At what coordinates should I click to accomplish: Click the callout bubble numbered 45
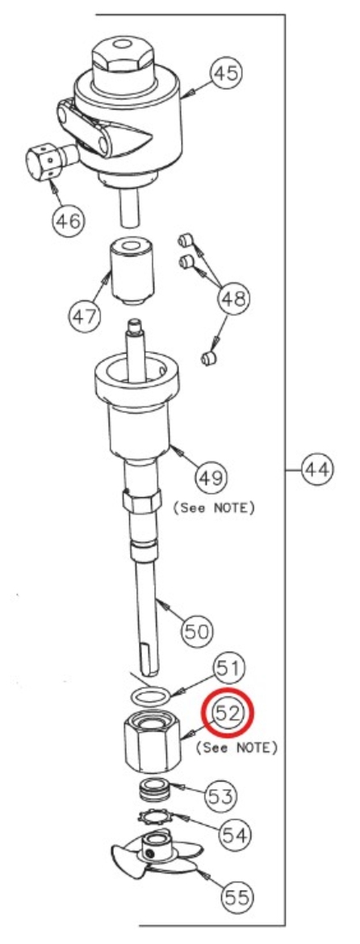225,75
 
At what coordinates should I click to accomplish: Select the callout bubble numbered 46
68,221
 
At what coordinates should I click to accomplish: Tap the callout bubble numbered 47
85,315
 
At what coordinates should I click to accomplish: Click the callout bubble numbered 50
198,632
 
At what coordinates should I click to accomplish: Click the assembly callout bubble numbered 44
316,469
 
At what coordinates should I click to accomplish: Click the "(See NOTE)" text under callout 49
214,508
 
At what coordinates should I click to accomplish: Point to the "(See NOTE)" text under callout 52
237,748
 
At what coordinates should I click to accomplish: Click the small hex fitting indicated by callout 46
50,159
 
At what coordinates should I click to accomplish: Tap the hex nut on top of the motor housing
123,57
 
